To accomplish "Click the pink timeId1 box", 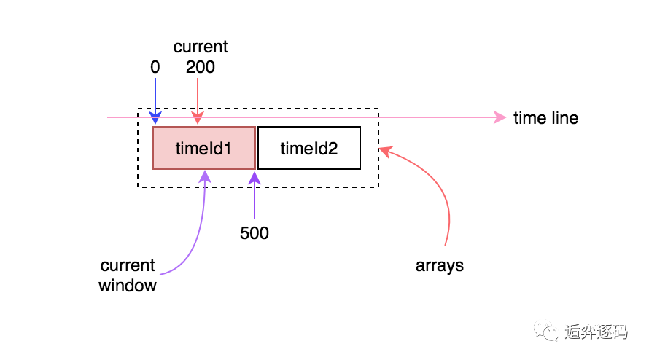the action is click(204, 148).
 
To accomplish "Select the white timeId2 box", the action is click(309, 148).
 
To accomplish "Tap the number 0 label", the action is click(155, 67).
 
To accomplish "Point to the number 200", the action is click(201, 67).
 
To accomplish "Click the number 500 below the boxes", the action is click(254, 233).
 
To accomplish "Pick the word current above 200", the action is click(201, 47).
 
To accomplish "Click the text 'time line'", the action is click(545, 118).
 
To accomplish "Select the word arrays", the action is click(440, 266).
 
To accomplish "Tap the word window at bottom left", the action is click(128, 286).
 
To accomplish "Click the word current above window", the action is click(128, 265).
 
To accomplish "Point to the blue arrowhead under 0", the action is click(155, 118).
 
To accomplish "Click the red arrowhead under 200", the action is click(198, 118).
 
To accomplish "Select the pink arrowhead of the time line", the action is click(500, 117).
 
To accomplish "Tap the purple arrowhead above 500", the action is click(254, 178).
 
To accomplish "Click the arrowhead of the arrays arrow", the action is click(385, 152).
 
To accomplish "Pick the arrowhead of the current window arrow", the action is click(206, 176).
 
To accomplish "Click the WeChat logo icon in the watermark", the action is click(546, 331).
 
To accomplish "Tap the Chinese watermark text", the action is click(596, 332).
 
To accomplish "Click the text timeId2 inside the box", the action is click(309, 149).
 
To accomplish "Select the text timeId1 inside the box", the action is click(203, 149).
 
